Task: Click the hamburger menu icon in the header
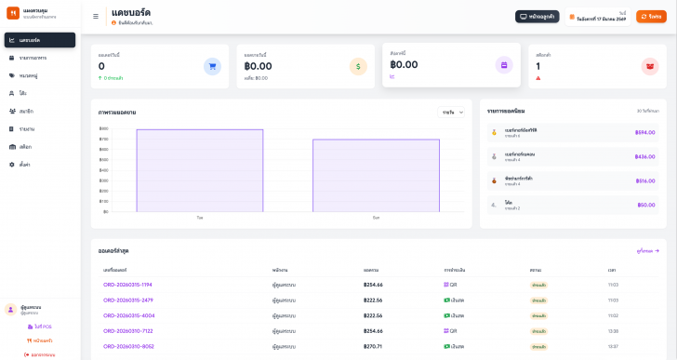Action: pos(96,16)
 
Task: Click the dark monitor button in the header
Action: pos(537,16)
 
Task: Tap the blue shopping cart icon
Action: pos(212,66)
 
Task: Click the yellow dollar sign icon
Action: pos(358,66)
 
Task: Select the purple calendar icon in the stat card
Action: pos(504,65)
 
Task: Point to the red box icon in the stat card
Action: pos(650,66)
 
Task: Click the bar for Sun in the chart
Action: pos(376,176)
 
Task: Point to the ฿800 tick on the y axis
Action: pos(103,128)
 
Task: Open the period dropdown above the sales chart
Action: pos(451,112)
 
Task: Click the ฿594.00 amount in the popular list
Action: pos(644,132)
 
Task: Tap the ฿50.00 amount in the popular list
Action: pos(646,205)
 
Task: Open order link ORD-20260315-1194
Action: pos(127,285)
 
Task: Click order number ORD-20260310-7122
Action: pos(127,330)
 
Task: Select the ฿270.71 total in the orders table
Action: pos(372,346)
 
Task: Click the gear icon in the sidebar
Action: pos(11,164)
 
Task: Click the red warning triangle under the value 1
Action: pos(538,78)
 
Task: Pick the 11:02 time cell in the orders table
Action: pos(613,315)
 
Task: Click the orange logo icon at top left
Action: pos(13,13)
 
